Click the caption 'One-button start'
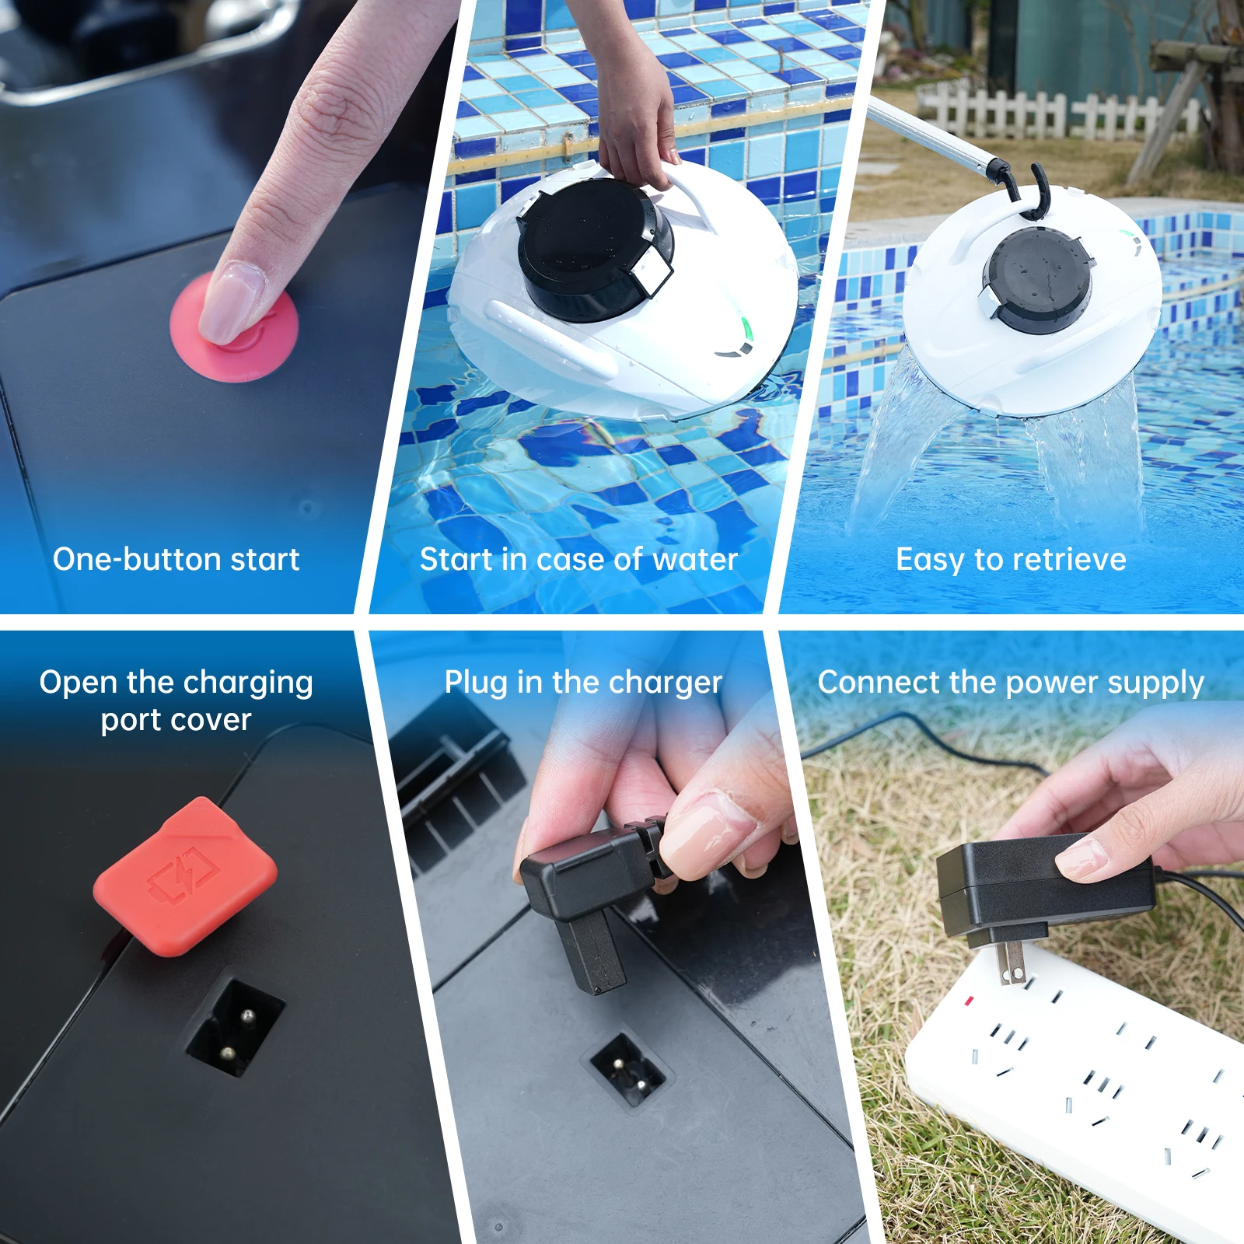click(176, 559)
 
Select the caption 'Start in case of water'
click(578, 559)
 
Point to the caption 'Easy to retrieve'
click(1011, 559)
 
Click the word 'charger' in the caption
click(666, 683)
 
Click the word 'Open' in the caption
click(79, 683)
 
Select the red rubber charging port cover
click(185, 876)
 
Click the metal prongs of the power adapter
click(1011, 964)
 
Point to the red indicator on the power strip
click(969, 1001)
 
